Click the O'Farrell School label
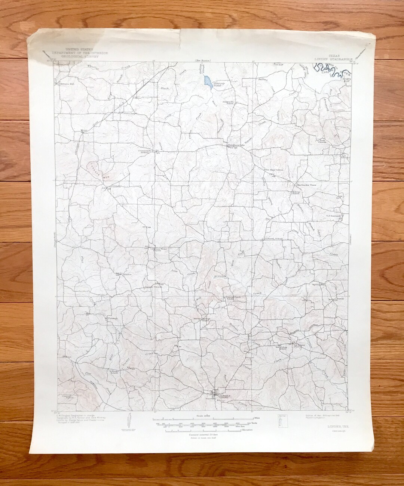click(x=273, y=239)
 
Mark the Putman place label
click(x=113, y=318)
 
